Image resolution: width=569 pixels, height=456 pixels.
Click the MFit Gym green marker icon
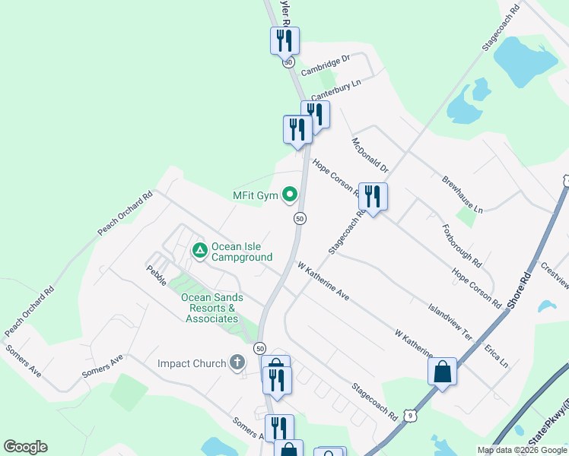(289, 196)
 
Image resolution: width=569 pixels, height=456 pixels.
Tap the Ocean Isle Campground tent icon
(199, 249)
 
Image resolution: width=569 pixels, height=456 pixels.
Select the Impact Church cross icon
(237, 363)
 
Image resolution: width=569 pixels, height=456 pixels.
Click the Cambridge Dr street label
(325, 65)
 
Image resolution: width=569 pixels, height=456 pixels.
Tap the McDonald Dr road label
(370, 155)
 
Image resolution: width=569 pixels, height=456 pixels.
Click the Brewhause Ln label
(463, 194)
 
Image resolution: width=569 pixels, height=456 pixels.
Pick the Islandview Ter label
(450, 322)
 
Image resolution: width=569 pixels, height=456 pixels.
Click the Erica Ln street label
(496, 356)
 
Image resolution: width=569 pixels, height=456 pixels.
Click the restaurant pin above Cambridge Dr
(284, 40)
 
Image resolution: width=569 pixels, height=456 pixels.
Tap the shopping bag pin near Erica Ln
(442, 372)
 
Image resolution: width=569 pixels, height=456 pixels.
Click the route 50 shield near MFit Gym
(300, 218)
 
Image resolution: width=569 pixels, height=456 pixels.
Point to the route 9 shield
(411, 415)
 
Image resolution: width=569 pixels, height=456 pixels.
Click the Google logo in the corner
(25, 447)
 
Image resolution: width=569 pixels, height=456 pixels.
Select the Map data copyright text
(522, 450)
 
